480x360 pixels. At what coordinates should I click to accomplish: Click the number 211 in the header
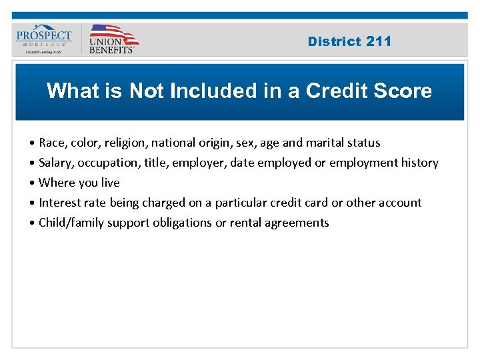click(x=379, y=41)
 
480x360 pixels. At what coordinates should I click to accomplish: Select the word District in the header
click(x=335, y=41)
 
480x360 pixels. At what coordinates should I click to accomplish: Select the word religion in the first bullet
click(x=129, y=143)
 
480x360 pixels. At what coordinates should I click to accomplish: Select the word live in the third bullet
click(x=109, y=183)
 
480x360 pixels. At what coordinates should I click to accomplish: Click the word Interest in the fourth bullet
click(x=60, y=203)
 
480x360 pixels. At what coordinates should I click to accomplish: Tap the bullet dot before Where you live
click(x=32, y=183)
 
